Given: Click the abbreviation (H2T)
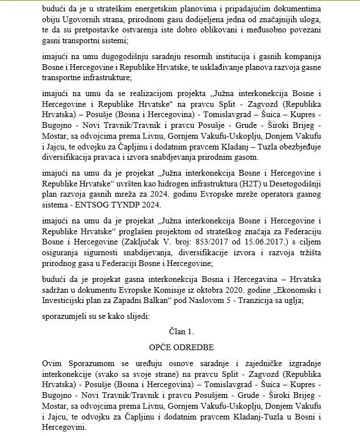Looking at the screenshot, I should click(x=245, y=183).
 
